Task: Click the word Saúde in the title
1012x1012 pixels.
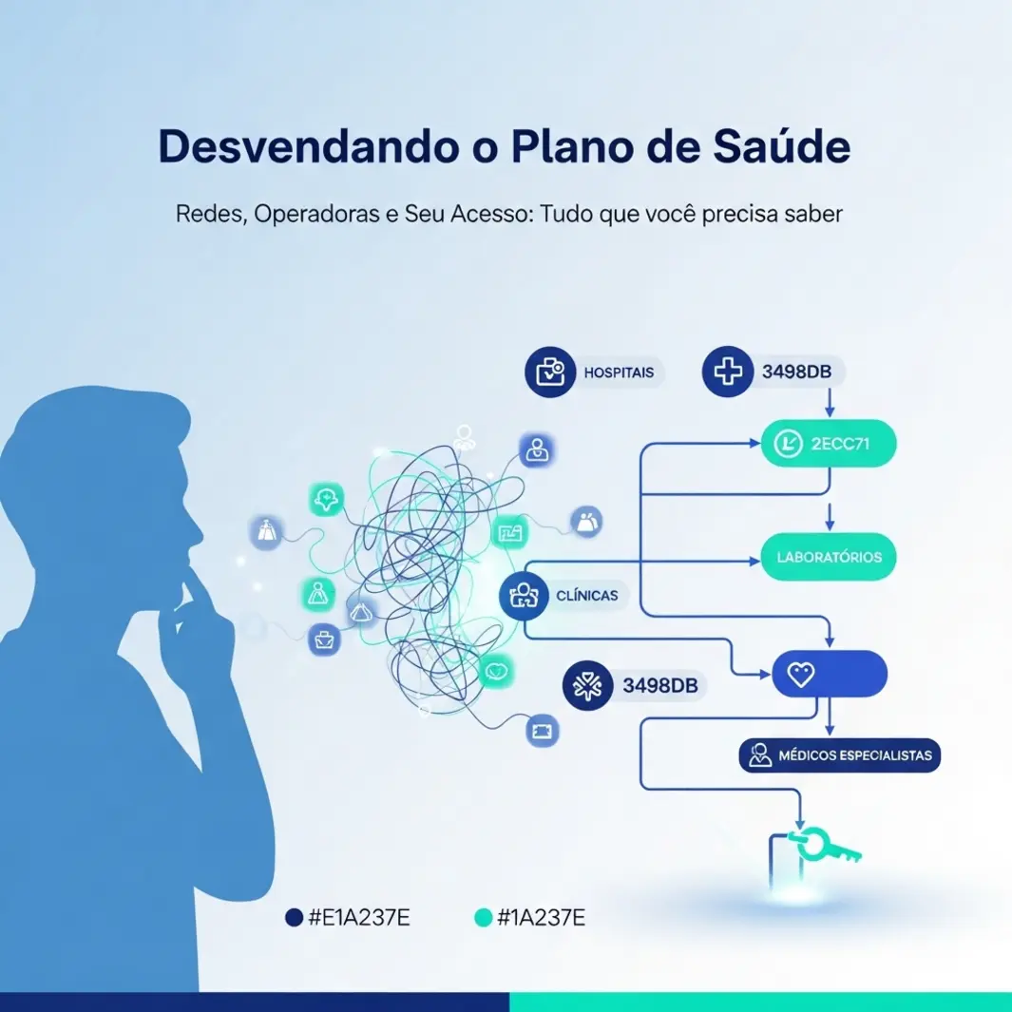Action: pyautogui.click(x=782, y=146)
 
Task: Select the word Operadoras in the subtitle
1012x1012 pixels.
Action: pyautogui.click(x=316, y=214)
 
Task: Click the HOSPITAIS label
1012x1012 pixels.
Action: pyautogui.click(x=619, y=372)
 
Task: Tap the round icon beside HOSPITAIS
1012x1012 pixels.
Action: pyautogui.click(x=550, y=372)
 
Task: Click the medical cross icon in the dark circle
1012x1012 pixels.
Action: pyautogui.click(x=727, y=372)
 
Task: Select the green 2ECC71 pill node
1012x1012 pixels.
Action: pyautogui.click(x=829, y=444)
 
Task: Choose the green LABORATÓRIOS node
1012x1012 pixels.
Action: pyautogui.click(x=829, y=557)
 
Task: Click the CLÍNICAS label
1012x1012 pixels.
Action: pyautogui.click(x=586, y=596)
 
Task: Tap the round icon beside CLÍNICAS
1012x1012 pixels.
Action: pyautogui.click(x=524, y=596)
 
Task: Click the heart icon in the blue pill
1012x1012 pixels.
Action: pyautogui.click(x=801, y=675)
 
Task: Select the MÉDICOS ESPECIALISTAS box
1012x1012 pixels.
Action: pyautogui.click(x=839, y=755)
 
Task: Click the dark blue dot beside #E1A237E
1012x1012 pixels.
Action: pyautogui.click(x=295, y=917)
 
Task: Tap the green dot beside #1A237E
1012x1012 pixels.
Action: pyautogui.click(x=484, y=917)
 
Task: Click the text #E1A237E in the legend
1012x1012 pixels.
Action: pyautogui.click(x=359, y=917)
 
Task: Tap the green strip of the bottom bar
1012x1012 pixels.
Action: pyautogui.click(x=760, y=1002)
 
